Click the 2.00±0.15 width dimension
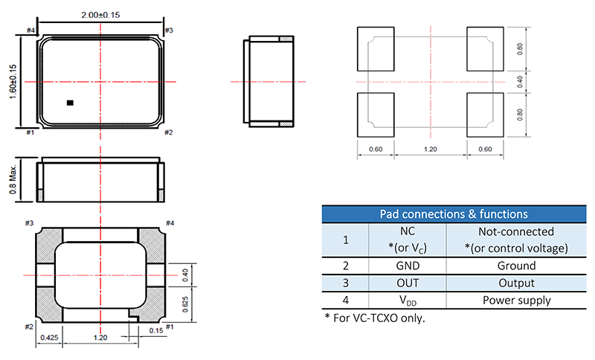(x=100, y=15)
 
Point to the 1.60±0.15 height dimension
(x=13, y=82)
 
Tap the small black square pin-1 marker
(x=70, y=103)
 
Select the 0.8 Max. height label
(x=13, y=179)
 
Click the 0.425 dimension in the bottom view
(x=49, y=338)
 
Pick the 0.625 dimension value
(x=185, y=304)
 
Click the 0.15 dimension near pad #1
(x=156, y=330)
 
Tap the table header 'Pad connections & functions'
(x=454, y=214)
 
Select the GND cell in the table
(x=408, y=266)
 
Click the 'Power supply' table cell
(x=516, y=300)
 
